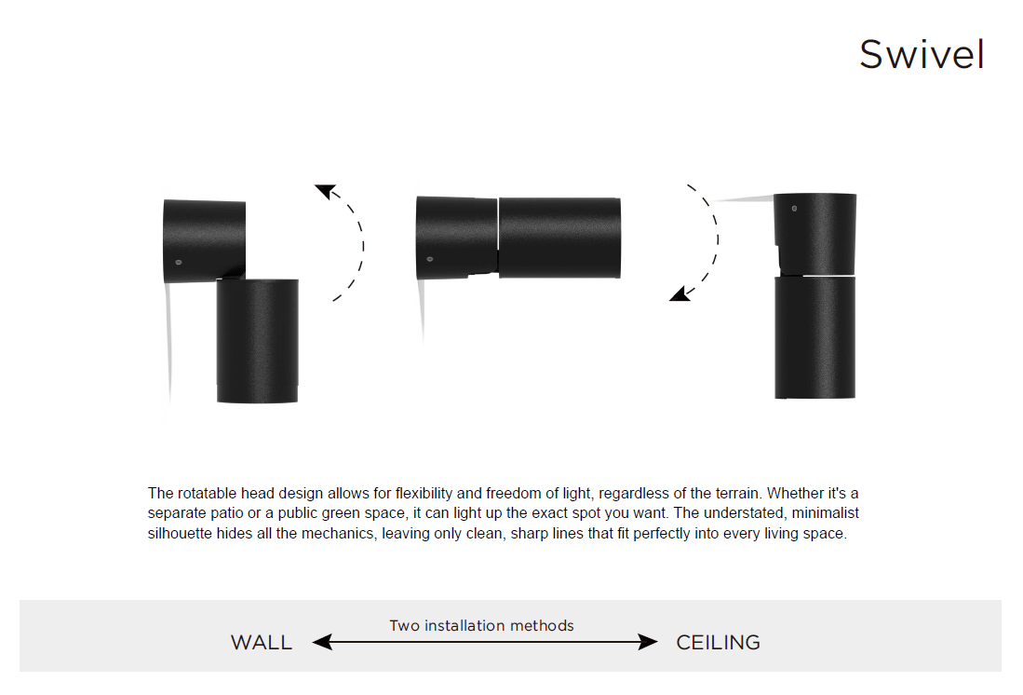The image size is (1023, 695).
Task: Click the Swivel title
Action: [922, 54]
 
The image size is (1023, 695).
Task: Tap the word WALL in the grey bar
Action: [261, 643]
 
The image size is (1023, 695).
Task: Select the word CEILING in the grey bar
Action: [719, 643]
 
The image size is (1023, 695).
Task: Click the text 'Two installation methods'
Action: [481, 626]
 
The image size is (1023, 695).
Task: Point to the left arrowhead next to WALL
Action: [322, 642]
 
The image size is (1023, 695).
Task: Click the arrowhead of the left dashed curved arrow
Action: [325, 191]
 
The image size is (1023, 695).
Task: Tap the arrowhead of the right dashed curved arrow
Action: [680, 294]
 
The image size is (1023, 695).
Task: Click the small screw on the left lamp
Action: [178, 262]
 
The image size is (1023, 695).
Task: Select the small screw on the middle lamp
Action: [429, 259]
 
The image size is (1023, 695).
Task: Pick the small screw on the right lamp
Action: [794, 209]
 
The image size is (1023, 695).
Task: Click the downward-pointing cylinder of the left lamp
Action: [257, 340]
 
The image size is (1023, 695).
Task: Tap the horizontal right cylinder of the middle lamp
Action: [559, 238]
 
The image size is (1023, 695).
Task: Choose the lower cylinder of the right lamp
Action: [814, 337]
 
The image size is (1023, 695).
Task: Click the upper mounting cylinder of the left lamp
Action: [204, 241]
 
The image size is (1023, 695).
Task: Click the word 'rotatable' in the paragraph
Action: [206, 493]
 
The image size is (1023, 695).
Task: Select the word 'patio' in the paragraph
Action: [228, 513]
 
